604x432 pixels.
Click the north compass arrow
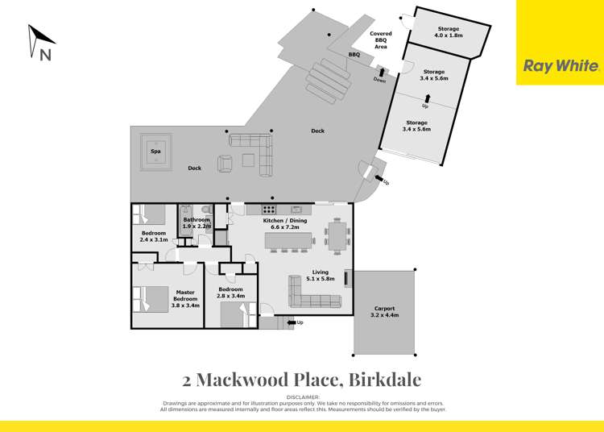[x=40, y=41]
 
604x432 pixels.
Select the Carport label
[x=384, y=312]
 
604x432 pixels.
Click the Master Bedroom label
[x=185, y=299]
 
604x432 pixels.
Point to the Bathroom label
[x=196, y=223]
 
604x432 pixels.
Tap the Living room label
[x=321, y=276]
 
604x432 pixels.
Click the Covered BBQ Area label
[x=381, y=40]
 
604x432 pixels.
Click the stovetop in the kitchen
[x=269, y=210]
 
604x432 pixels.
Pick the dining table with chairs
[x=337, y=235]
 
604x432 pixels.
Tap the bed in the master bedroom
[x=148, y=299]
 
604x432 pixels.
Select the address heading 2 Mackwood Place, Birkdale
[x=302, y=379]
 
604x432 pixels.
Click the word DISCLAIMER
[x=302, y=397]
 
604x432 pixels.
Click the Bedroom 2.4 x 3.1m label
[x=153, y=236]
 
